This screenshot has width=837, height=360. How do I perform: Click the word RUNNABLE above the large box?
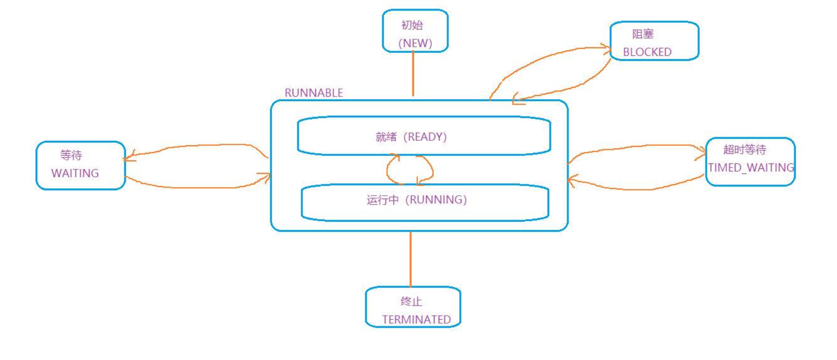pos(313,93)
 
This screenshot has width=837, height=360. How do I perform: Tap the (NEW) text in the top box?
pos(415,43)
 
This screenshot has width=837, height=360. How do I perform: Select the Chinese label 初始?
pos(412,25)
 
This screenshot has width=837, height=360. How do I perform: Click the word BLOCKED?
pos(647,52)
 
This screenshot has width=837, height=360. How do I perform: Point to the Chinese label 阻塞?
pos(643,34)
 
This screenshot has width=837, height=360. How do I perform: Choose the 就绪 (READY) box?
pos(424,136)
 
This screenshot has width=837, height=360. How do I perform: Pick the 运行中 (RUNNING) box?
pos(425,201)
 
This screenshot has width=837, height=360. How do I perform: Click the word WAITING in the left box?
pos(75,173)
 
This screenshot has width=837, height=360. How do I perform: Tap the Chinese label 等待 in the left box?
pos(71,155)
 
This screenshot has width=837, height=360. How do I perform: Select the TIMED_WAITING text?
pos(750,167)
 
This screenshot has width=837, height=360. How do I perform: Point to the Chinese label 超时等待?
pos(744,149)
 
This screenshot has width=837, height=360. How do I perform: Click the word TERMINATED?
pos(416,319)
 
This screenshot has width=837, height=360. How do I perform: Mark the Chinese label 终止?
pos(411,301)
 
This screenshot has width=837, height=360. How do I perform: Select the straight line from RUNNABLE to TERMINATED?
pos(410,259)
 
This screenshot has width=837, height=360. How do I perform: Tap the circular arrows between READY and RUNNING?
pos(409,169)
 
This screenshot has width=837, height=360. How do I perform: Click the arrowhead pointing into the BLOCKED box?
pos(607,48)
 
